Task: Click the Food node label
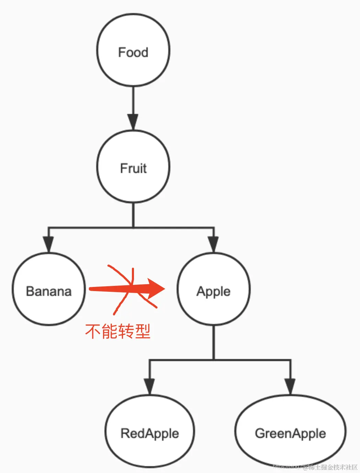pos(133,53)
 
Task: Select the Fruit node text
pos(133,169)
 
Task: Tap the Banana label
pos(49,291)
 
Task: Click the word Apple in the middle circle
pos(213,291)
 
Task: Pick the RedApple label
pos(150,434)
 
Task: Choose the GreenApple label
pos(290,434)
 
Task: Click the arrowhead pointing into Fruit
pos(133,122)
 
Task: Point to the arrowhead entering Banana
pos(49,244)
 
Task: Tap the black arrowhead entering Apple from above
pos(213,244)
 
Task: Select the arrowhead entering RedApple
pos(149,387)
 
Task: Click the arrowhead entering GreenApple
pos(290,387)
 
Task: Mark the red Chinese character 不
pos(93,331)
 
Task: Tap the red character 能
pos(110,331)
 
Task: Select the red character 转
pos(126,331)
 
